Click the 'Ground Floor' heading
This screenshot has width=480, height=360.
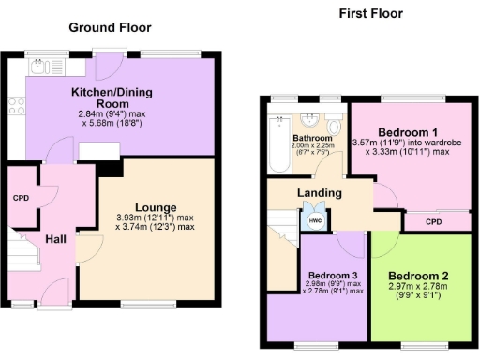click(x=110, y=27)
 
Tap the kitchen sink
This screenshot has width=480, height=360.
click(x=38, y=66)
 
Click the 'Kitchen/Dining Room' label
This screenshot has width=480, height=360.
click(x=112, y=97)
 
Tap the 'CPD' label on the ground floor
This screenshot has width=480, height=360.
click(x=20, y=198)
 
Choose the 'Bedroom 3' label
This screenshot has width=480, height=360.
click(x=333, y=275)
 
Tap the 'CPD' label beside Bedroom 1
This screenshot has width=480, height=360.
click(x=433, y=222)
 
